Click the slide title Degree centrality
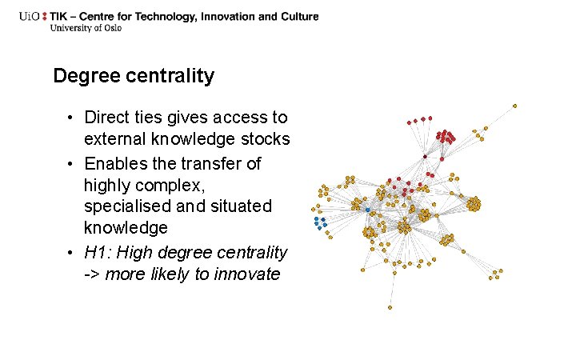pyautogui.click(x=134, y=76)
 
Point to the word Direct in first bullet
pyautogui.click(x=106, y=118)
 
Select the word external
pyautogui.click(x=115, y=139)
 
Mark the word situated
pyautogui.click(x=242, y=206)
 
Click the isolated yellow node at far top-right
pyautogui.click(x=514, y=106)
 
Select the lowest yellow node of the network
pyautogui.click(x=390, y=307)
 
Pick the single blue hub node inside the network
pyautogui.click(x=367, y=210)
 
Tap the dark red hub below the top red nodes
pyautogui.click(x=425, y=156)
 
